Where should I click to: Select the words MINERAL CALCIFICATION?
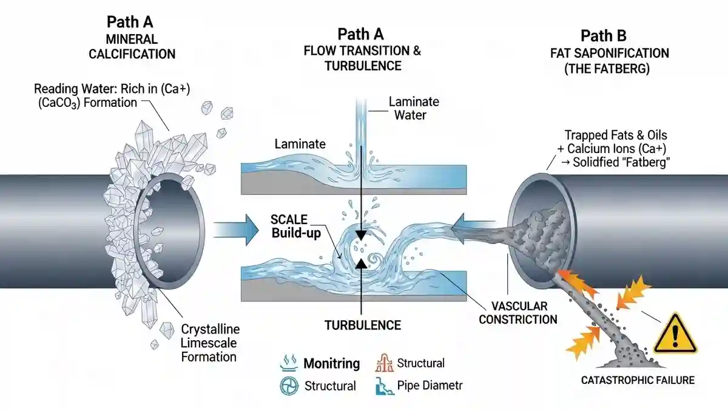pos(132,46)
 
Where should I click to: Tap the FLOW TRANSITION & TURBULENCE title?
pos(362,58)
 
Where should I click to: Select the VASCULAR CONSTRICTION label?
pos(517,312)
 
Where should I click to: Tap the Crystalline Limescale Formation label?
pos(210,343)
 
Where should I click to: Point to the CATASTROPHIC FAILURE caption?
pos(638,381)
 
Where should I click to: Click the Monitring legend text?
pos(331,364)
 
